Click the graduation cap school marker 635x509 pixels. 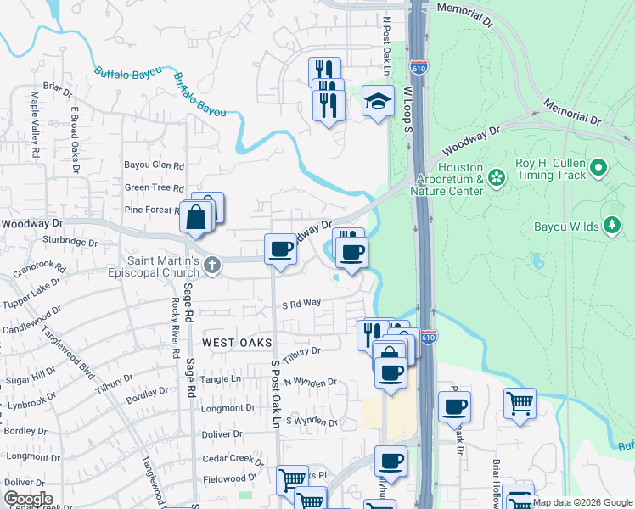[378, 103]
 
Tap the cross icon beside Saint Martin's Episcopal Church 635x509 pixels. [212, 267]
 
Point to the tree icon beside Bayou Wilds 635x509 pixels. [610, 226]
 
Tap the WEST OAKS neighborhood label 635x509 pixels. [238, 343]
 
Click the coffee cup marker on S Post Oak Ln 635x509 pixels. [280, 249]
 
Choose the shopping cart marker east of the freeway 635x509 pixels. [519, 404]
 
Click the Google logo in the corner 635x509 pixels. [27, 498]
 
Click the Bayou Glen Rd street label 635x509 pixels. [155, 165]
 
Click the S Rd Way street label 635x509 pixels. [301, 304]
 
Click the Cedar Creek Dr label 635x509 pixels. [233, 459]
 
